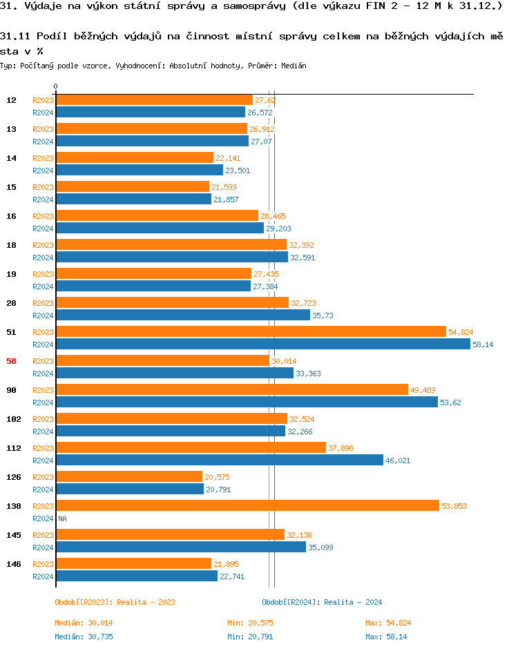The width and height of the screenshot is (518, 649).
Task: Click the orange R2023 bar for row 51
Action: point(251,332)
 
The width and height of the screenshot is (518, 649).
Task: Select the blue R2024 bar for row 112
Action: point(219,460)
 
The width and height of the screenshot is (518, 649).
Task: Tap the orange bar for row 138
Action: point(247,506)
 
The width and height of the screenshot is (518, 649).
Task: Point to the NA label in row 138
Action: point(62,519)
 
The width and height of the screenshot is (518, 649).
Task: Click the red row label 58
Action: point(12,361)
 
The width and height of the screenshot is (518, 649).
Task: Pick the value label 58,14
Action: point(483,345)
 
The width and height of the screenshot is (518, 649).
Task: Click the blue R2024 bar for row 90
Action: point(247,402)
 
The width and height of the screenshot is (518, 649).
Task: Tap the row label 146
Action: point(13,564)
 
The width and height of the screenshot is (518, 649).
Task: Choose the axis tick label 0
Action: point(55,87)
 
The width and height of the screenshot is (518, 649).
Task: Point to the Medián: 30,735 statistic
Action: point(80,637)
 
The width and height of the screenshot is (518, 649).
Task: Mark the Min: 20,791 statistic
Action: point(250,637)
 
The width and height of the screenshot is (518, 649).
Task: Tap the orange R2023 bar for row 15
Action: point(132,187)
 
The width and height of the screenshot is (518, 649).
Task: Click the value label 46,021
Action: point(399,461)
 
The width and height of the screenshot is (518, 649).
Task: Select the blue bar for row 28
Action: point(182,315)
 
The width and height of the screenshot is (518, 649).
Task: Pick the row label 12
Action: point(12,100)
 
